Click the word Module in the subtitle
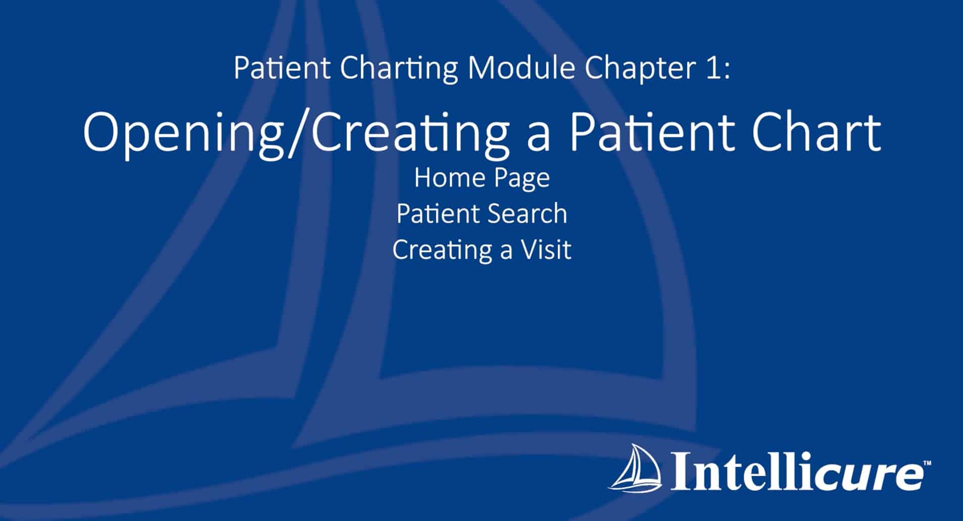click(522, 69)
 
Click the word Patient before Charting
click(282, 69)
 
